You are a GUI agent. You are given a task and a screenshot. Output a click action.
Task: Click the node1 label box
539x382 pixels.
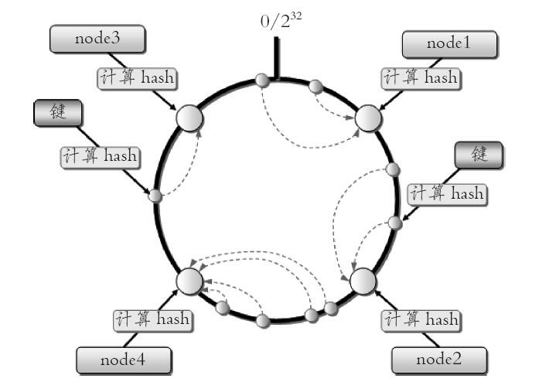coord(449,44)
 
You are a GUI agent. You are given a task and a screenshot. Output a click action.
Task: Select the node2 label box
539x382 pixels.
coord(439,359)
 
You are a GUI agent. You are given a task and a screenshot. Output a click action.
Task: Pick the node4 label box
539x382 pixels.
coord(124,360)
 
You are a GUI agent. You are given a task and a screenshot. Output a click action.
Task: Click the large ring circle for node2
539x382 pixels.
coord(363,281)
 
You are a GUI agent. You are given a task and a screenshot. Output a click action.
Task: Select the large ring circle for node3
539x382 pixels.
coord(189,118)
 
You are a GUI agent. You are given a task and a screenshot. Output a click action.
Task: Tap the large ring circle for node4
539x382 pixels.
coord(189,281)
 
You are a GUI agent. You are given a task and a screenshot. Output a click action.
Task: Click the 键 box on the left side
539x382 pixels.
coord(57,113)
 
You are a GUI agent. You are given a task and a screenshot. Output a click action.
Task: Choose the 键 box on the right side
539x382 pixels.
coord(478,155)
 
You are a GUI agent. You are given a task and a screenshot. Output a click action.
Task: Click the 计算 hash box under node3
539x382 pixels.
coord(136,79)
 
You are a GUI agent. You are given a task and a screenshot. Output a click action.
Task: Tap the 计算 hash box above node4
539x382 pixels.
coord(152,319)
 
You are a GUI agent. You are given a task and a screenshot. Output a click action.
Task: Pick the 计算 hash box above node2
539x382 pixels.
coord(421,319)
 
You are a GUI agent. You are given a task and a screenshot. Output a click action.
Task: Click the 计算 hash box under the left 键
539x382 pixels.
coord(99,155)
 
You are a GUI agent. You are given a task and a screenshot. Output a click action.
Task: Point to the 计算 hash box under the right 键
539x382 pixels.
coord(446,193)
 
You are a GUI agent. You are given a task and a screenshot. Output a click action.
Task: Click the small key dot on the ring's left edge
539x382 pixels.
coord(155,195)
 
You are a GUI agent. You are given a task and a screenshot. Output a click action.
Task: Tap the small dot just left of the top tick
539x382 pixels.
coord(261,79)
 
